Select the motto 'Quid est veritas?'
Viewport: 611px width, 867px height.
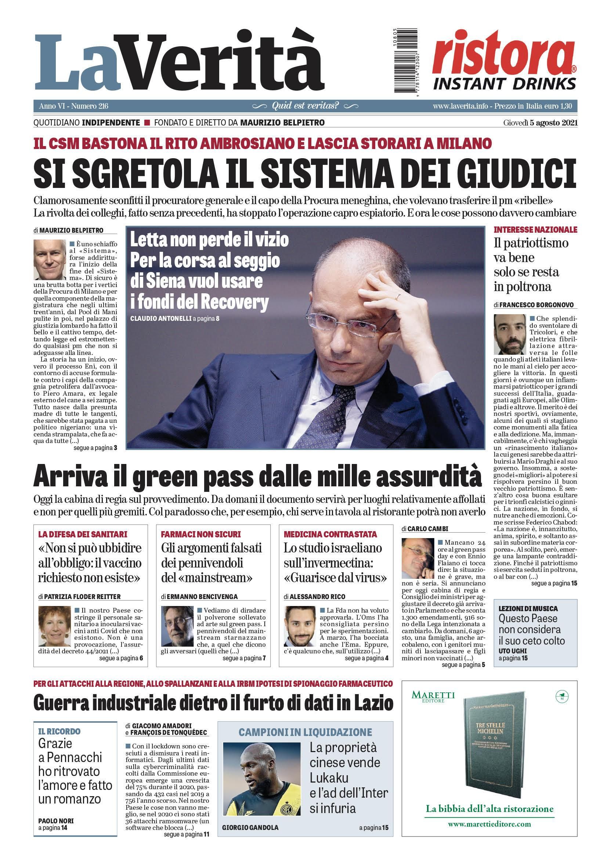click(x=305, y=106)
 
